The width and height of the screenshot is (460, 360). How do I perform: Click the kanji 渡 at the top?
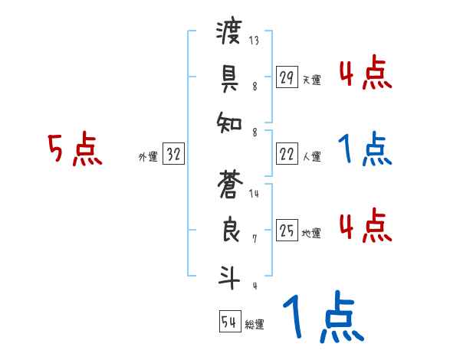click(230, 34)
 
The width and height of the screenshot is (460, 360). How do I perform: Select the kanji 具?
click(230, 77)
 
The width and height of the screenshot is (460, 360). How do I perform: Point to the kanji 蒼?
click(230, 187)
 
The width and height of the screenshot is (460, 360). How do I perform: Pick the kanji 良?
click(230, 231)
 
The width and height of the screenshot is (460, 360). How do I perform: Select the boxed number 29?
click(287, 77)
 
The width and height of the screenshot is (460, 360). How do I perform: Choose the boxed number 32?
click(174, 155)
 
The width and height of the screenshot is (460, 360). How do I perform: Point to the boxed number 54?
click(229, 322)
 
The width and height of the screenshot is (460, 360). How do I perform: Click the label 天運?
click(311, 80)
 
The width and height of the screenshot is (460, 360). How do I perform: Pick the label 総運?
click(255, 324)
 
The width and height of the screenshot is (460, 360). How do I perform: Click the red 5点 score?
click(74, 149)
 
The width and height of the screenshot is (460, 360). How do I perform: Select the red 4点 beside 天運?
click(366, 73)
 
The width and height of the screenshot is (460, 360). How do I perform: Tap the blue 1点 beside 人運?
click(366, 149)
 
